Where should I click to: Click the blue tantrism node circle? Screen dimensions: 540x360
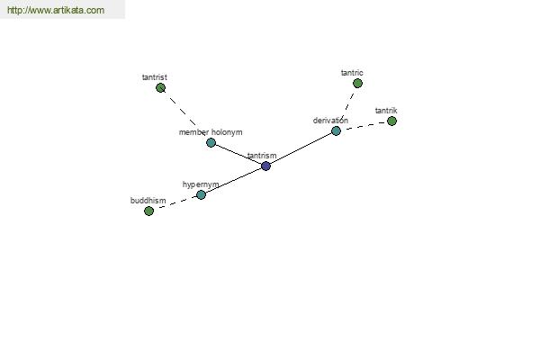point(265,166)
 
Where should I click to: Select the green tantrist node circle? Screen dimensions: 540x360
point(160,88)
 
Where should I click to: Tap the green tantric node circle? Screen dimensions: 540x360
point(357,84)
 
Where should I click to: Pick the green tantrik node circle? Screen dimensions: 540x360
point(391,121)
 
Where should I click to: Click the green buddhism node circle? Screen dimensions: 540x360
point(148,211)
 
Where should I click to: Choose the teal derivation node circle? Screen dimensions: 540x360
point(336,130)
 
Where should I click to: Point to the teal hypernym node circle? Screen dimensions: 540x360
point(201,195)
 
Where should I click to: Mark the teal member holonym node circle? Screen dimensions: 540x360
point(211,142)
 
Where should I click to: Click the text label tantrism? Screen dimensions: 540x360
point(262,156)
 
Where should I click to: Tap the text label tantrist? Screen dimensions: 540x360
point(155,77)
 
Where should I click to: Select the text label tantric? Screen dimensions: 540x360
point(352,73)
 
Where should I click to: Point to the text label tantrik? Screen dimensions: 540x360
point(386,111)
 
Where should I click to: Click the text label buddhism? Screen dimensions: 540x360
point(148,201)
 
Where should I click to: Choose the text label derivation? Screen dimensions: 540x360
point(330,121)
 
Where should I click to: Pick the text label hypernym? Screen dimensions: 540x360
point(201,185)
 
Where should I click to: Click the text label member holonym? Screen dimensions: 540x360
point(211,132)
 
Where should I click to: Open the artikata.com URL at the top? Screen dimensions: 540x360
point(56,10)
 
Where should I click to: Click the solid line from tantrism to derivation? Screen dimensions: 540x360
point(301,148)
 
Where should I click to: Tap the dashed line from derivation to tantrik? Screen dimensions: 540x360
point(365,125)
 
